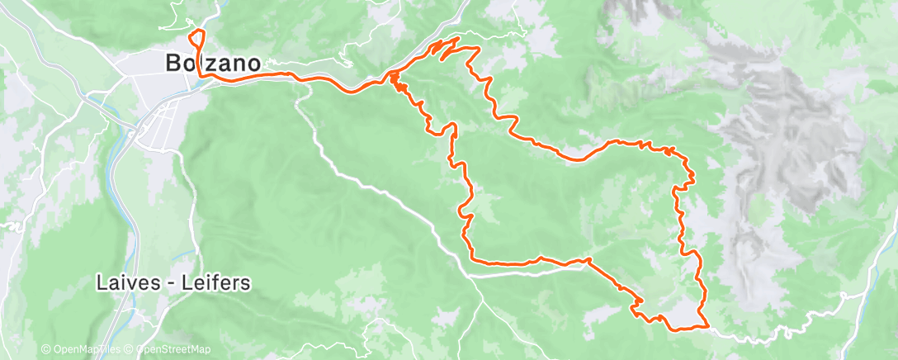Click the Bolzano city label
click(x=214, y=63)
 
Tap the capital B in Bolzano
click(x=173, y=63)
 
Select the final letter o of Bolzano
click(x=254, y=63)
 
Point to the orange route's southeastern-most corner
click(x=708, y=327)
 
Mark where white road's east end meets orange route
click(x=586, y=260)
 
